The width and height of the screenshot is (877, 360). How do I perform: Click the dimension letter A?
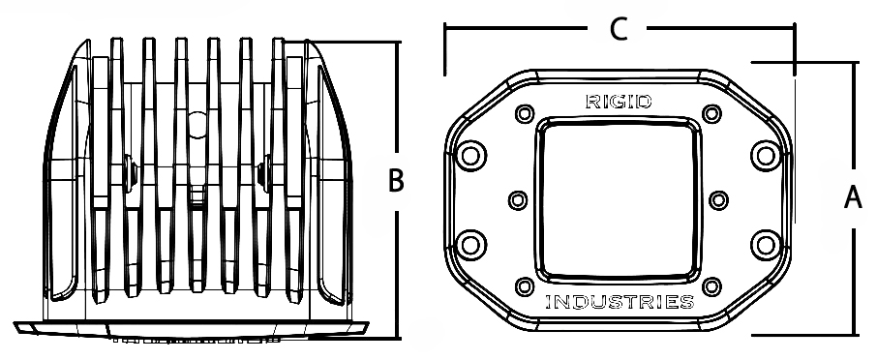pos(853,198)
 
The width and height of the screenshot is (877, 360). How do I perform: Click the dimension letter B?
pos(396,181)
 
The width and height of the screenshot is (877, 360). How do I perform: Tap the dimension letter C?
pos(618,29)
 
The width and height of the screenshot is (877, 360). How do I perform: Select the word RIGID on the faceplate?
pos(619,102)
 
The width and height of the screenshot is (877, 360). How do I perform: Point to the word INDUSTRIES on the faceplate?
pos(620,303)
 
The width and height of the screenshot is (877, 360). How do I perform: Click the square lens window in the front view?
pos(618,199)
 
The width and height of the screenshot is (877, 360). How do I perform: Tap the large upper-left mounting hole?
pos(471,156)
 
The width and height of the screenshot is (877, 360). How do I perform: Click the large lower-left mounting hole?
pos(471,245)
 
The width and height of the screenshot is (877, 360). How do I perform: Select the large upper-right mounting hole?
pos(766,156)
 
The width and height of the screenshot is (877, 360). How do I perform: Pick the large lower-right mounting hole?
pos(766,245)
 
